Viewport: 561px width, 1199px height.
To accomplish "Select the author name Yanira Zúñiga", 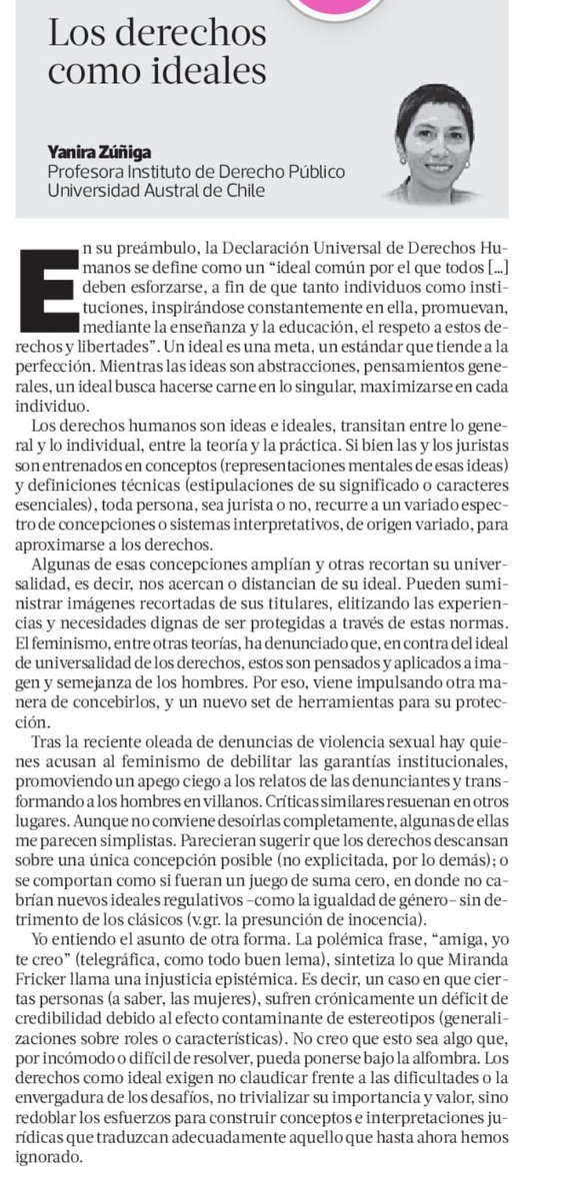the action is (x=99, y=152).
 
